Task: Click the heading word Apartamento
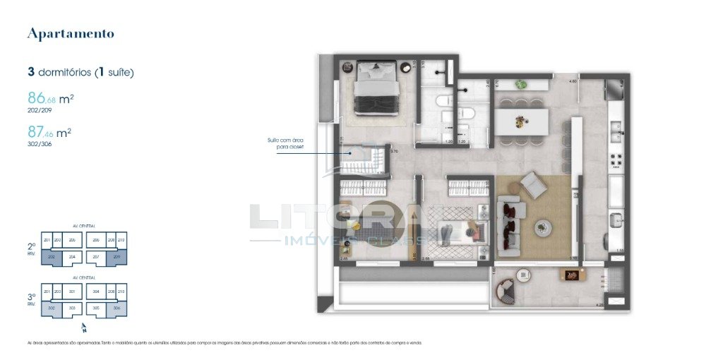pyautogui.click(x=70, y=33)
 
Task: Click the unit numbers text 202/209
pyautogui.click(x=39, y=110)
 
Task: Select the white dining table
pyautogui.click(x=521, y=121)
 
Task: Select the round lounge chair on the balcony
pyautogui.click(x=506, y=290)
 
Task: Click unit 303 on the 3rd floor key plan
pyautogui.click(x=71, y=308)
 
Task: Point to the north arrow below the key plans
pyautogui.click(x=84, y=328)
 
